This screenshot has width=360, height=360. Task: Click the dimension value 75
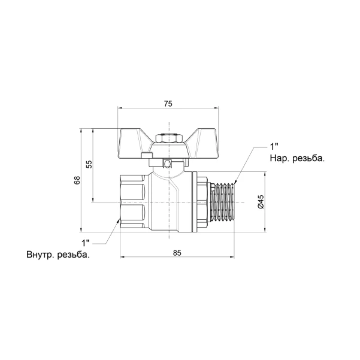168,104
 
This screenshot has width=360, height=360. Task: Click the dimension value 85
177,253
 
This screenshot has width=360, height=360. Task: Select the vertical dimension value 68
77,180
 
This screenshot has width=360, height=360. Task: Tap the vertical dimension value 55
89,164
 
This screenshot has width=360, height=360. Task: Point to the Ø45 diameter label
261,202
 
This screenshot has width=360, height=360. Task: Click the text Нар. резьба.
297,158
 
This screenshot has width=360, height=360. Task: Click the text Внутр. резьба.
58,255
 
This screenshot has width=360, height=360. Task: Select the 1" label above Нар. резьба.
274,147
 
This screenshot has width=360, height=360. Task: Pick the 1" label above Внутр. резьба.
86,243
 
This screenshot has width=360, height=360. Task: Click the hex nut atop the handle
169,138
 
